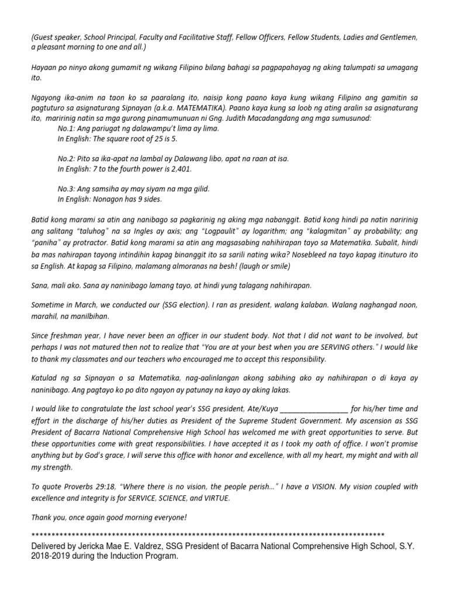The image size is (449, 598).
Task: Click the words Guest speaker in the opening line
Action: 54,37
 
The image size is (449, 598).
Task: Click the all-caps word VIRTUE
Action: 216,498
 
